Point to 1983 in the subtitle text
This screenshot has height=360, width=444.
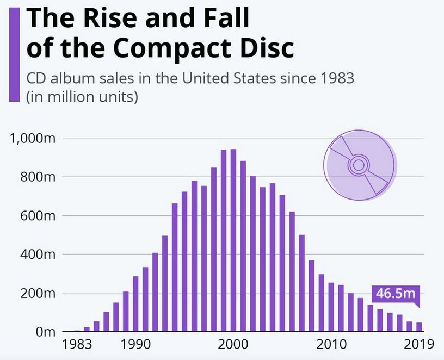click(x=336, y=78)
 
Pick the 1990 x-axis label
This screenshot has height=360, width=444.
click(x=137, y=344)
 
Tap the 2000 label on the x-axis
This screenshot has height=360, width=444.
click(x=234, y=344)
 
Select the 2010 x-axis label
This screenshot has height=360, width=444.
click(x=331, y=344)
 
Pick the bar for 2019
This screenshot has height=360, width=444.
click(x=419, y=327)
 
